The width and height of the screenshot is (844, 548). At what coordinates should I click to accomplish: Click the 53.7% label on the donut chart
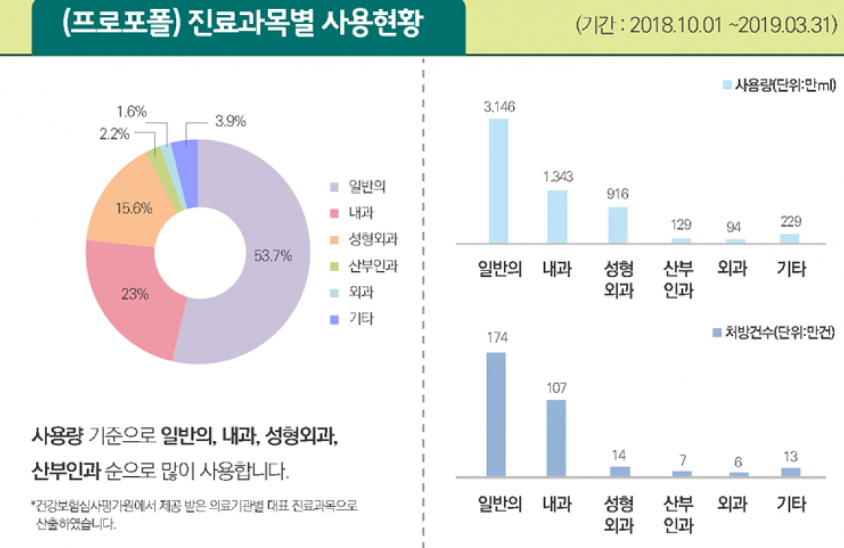272,255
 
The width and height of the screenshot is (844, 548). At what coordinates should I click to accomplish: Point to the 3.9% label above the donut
230,121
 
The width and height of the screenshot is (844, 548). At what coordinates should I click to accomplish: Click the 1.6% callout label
132,111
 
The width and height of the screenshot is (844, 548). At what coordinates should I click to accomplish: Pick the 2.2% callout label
114,135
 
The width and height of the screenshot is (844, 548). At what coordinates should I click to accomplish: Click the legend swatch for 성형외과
334,239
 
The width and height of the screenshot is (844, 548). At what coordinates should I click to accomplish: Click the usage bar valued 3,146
498,180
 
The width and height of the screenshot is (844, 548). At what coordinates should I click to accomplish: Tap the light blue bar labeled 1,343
557,216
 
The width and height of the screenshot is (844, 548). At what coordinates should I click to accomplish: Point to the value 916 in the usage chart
618,193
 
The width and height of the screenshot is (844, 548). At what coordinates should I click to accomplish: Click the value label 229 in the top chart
790,221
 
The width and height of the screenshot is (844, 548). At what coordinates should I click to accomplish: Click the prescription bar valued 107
556,437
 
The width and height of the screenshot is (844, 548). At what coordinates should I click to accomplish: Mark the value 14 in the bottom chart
619,454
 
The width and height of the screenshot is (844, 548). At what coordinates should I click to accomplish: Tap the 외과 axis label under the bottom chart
732,504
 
